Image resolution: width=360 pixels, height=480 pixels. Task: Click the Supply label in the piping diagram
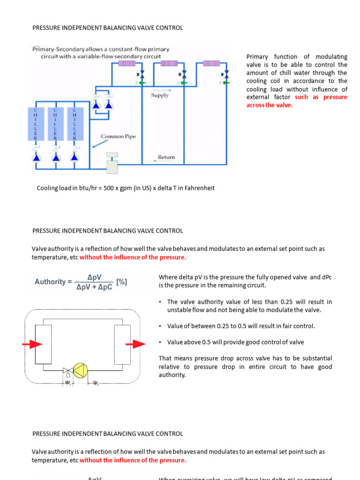160,95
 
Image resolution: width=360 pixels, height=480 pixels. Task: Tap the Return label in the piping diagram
166,157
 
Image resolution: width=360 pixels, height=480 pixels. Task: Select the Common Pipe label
118,136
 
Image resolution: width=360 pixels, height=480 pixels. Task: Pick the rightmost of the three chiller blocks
74,124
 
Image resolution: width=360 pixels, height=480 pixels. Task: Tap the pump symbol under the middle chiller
55,158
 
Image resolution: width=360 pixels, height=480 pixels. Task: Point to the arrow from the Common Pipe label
96,143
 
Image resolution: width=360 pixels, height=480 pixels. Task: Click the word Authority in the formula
50,282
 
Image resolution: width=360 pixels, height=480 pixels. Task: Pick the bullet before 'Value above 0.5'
161,342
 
